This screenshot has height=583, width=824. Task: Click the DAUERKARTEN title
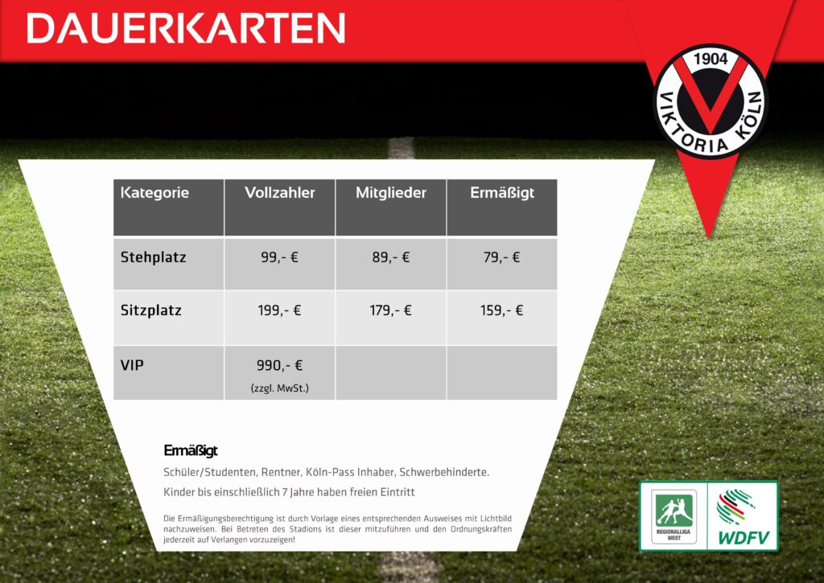(x=186, y=28)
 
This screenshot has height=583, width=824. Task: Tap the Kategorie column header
(x=154, y=193)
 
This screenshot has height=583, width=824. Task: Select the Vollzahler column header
(x=279, y=193)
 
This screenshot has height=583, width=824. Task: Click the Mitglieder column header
(x=391, y=193)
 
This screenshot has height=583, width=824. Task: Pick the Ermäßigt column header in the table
(x=502, y=193)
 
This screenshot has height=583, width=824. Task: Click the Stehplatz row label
(x=153, y=257)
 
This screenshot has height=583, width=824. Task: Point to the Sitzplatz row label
(x=150, y=310)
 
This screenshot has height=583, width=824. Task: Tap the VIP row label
(x=132, y=365)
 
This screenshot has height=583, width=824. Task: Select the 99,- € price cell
(x=279, y=257)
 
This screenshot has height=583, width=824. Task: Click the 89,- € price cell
(x=391, y=257)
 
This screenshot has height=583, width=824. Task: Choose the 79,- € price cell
(x=502, y=257)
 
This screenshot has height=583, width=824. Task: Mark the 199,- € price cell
(x=279, y=310)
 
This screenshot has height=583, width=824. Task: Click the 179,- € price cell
(x=391, y=310)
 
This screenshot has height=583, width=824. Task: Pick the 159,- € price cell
(x=502, y=310)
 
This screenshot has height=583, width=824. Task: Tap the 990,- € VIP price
(x=279, y=365)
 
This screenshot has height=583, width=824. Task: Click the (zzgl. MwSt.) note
(x=279, y=388)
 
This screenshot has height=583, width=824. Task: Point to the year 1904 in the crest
(x=711, y=59)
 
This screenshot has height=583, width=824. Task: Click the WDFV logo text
(x=744, y=538)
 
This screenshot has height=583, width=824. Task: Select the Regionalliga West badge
(x=674, y=516)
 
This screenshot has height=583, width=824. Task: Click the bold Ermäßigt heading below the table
(x=190, y=450)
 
